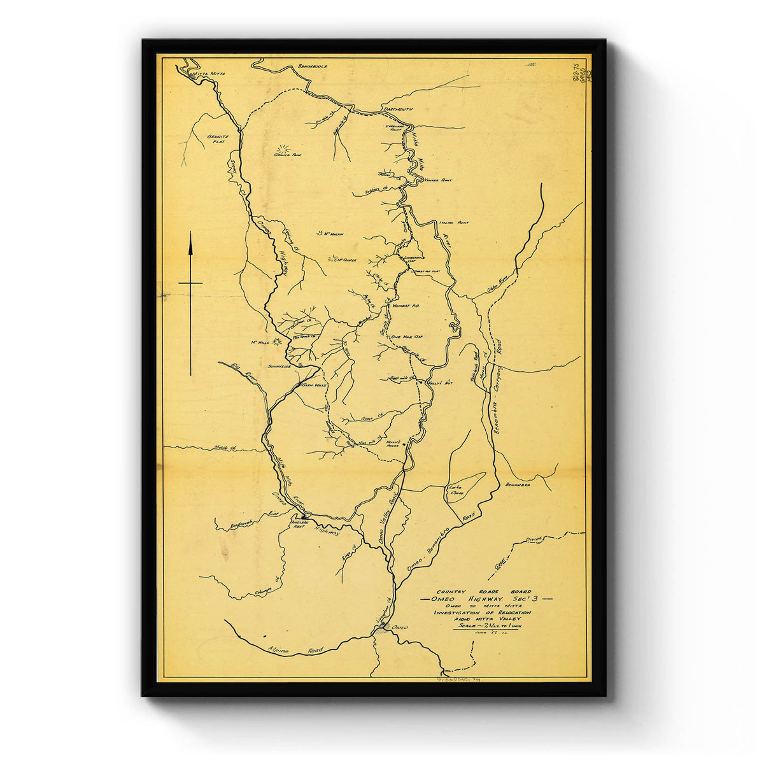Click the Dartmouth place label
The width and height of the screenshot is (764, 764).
point(399,109)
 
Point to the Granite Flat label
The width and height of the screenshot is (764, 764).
point(217,139)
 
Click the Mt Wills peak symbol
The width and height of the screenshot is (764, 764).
point(277,342)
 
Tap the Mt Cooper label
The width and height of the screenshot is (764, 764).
point(346,260)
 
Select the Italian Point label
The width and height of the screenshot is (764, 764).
point(453,223)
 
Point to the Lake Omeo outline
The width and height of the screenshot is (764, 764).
point(463,487)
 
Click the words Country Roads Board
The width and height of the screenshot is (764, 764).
point(483,591)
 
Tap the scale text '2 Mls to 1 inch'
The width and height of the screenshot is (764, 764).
point(491,626)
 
